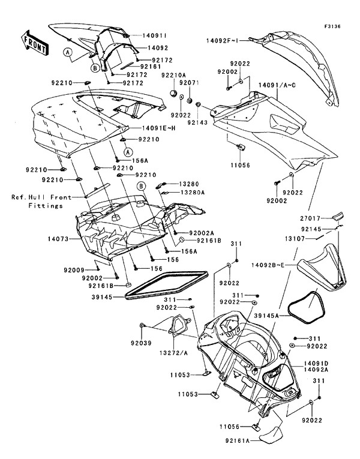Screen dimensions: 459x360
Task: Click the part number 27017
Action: tap(311, 218)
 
